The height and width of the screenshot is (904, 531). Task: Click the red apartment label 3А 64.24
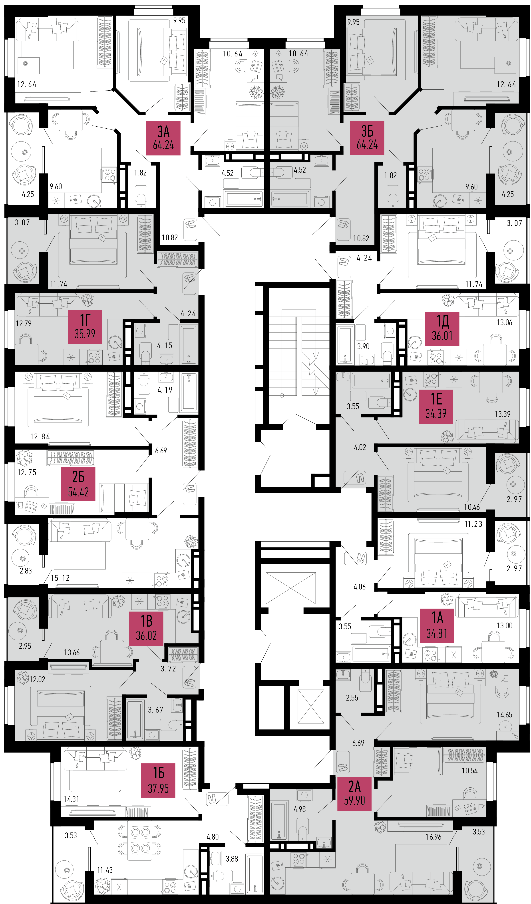[x=163, y=138]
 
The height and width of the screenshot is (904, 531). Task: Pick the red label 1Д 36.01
[x=442, y=329]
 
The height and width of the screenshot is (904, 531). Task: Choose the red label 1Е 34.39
[x=436, y=406]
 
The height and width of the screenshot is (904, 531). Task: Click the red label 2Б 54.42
[x=78, y=484]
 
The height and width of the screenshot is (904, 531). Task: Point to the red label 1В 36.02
[x=146, y=628]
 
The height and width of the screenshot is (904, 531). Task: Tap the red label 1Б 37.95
[x=158, y=780]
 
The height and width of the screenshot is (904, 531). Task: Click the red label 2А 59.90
[x=354, y=794]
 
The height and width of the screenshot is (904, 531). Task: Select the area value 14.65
[x=504, y=715]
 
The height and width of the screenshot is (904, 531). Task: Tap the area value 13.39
[x=502, y=414]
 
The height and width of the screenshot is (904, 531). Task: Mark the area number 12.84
[x=40, y=437]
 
